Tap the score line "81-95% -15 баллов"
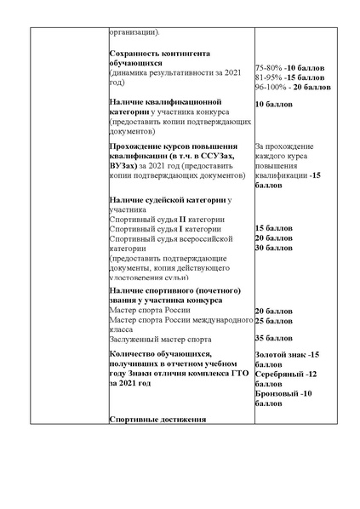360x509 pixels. click(289, 77)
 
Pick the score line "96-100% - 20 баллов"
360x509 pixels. click(293, 87)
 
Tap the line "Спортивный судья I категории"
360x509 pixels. click(165, 229)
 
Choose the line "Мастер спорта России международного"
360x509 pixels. click(181, 320)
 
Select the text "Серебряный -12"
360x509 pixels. click(285, 374)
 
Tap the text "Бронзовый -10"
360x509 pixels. click(283, 393)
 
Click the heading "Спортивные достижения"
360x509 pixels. click(157, 419)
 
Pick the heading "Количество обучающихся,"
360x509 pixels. click(160, 353)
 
